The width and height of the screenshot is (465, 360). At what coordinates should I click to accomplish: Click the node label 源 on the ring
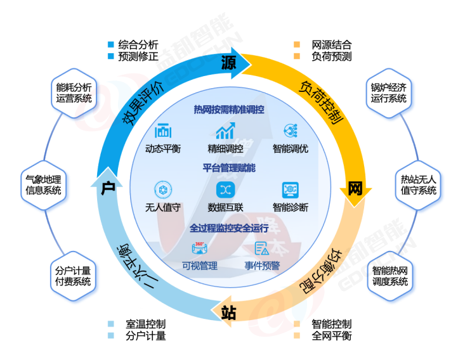(228, 62)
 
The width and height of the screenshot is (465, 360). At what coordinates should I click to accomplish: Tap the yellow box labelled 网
(355, 188)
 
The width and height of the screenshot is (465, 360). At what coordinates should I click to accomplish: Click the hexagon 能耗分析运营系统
(74, 93)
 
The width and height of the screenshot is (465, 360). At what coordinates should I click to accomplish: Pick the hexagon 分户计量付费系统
(74, 274)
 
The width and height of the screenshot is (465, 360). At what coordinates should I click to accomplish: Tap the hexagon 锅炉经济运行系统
(388, 93)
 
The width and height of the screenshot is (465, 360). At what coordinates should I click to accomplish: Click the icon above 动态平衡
(163, 132)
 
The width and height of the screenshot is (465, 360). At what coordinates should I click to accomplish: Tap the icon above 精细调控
(225, 132)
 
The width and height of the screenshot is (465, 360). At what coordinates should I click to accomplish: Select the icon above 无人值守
(163, 190)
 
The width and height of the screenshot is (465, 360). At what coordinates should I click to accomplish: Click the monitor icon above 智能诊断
(291, 190)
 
